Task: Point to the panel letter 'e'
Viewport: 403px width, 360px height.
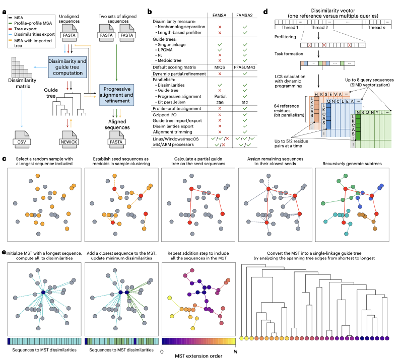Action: tap(4, 253)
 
